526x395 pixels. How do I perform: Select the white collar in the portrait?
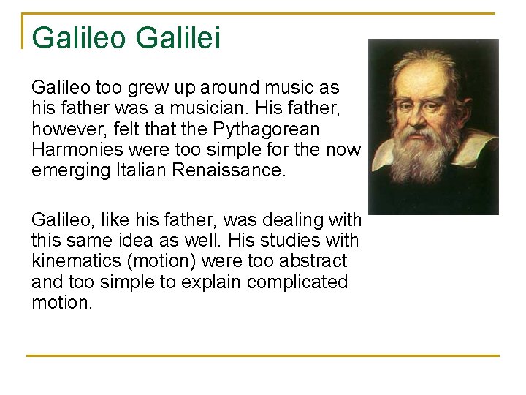pos(475,150)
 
